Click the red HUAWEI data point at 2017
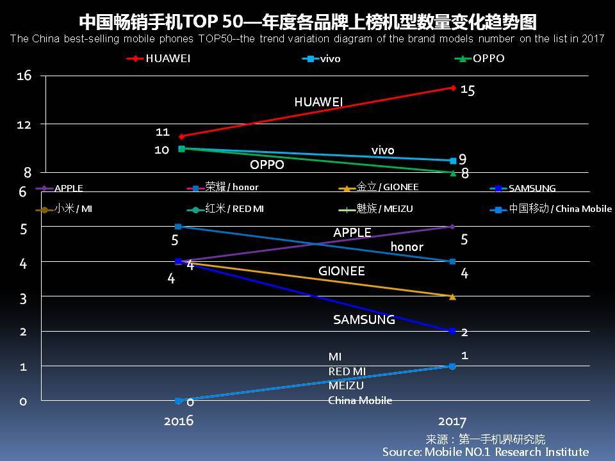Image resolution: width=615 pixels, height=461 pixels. [x=453, y=88]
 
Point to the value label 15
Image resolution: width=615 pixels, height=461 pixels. [x=468, y=90]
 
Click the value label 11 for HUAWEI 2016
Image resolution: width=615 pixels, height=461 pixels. [x=162, y=132]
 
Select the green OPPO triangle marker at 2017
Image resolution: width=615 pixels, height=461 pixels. [x=453, y=173]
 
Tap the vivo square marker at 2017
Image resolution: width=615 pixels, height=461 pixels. [x=453, y=161]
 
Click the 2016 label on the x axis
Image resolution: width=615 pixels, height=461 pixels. [x=179, y=421]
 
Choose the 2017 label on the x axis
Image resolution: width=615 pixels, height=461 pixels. [x=452, y=421]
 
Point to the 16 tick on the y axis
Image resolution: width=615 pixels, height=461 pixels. [x=24, y=76]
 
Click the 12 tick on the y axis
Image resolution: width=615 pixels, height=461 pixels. [x=24, y=124]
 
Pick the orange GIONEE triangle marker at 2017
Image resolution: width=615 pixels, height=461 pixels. [x=453, y=296]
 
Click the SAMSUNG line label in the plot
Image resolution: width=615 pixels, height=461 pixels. [x=364, y=319]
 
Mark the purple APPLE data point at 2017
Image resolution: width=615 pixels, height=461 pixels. [x=453, y=227]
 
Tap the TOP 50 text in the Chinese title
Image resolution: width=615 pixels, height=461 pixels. [x=211, y=22]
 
